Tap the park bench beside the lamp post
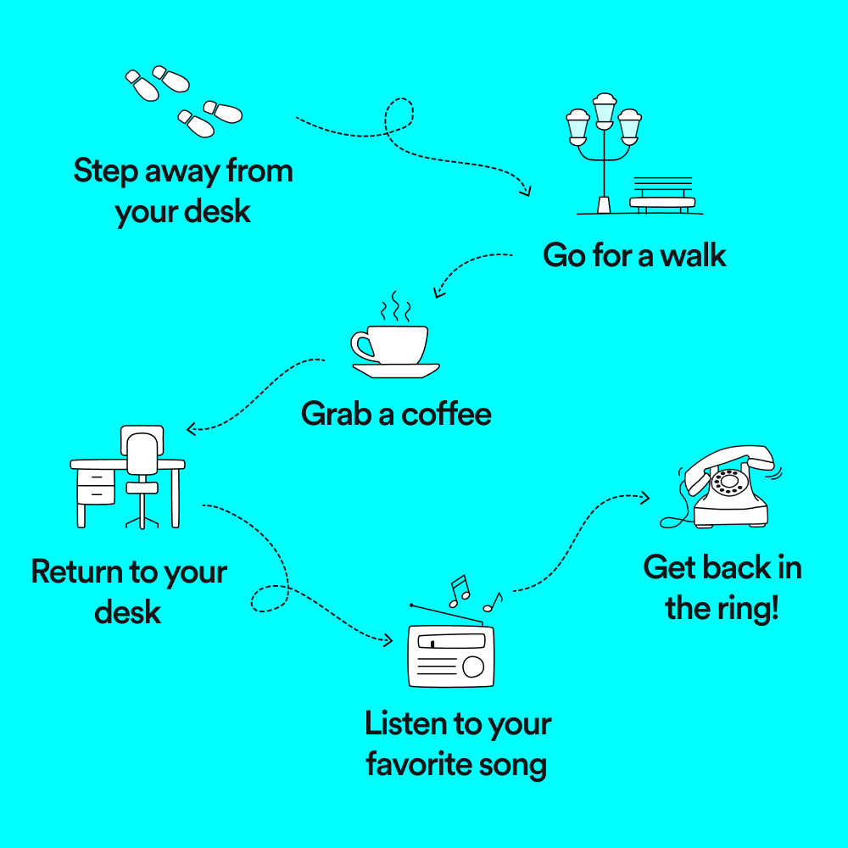pyautogui.click(x=662, y=195)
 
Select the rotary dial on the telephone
pyautogui.click(x=728, y=482)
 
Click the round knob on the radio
pyautogui.click(x=473, y=667)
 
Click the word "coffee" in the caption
pyautogui.click(x=446, y=415)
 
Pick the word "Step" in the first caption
pyautogui.click(x=105, y=172)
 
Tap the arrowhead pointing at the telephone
pyautogui.click(x=644, y=498)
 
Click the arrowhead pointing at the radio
pyautogui.click(x=388, y=641)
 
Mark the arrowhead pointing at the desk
pyautogui.click(x=191, y=429)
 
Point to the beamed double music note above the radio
pyautogui.click(x=460, y=590)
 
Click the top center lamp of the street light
pyautogui.click(x=604, y=111)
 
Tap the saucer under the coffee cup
pyautogui.click(x=395, y=371)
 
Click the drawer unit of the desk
pyautogui.click(x=96, y=487)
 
